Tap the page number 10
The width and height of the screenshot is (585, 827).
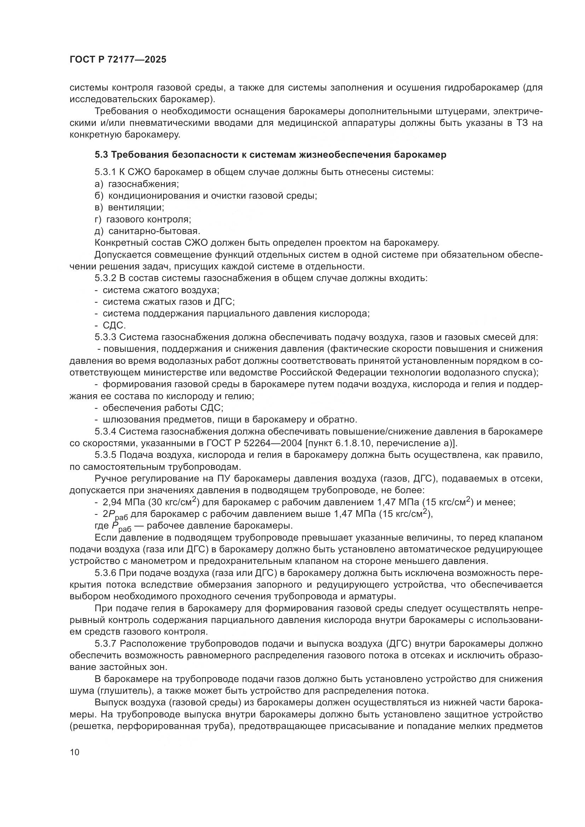pos(75,752)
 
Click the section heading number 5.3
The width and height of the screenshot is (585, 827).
pos(101,155)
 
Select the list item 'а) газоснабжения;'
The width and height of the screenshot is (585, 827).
pos(137,184)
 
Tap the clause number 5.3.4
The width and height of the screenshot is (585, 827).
pos(105,431)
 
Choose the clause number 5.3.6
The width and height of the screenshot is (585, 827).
pos(105,573)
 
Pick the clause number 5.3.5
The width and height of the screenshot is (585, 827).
pos(105,455)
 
